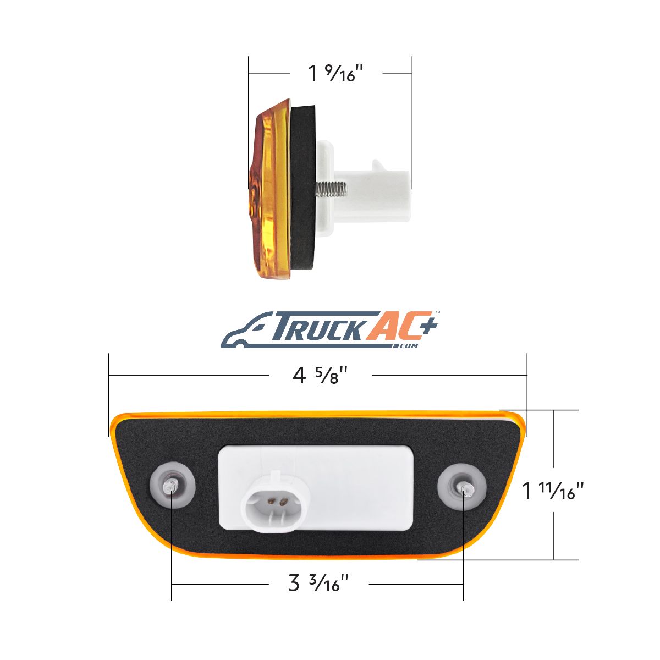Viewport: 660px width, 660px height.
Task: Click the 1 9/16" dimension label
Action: tap(335, 73)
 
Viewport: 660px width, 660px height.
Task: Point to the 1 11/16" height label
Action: tap(552, 490)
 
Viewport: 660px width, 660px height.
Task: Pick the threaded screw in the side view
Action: tap(331, 189)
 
